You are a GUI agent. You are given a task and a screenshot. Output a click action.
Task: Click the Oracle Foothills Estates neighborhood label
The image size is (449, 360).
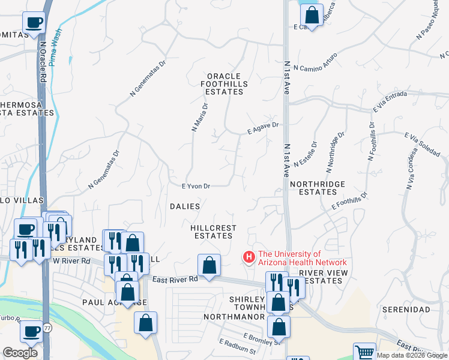tap(223, 84)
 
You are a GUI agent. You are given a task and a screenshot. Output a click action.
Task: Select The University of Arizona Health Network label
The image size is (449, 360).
tap(302, 258)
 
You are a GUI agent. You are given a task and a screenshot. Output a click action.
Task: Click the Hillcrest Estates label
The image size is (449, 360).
tap(213, 232)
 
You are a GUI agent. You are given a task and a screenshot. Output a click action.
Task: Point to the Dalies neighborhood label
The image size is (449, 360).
tap(185, 206)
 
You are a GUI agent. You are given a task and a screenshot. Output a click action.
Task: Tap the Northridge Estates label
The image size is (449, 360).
tap(313, 188)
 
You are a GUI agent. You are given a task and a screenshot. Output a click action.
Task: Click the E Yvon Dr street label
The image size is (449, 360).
tap(196, 186)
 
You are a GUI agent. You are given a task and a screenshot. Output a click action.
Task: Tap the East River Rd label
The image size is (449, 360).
tap(175, 279)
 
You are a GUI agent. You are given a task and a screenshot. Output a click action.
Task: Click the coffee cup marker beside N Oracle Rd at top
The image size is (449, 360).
tap(34, 23)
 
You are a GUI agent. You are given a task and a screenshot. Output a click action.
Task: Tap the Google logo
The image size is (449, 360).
tap(20, 352)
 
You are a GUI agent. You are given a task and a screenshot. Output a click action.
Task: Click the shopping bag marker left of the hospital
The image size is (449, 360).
tap(209, 265)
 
